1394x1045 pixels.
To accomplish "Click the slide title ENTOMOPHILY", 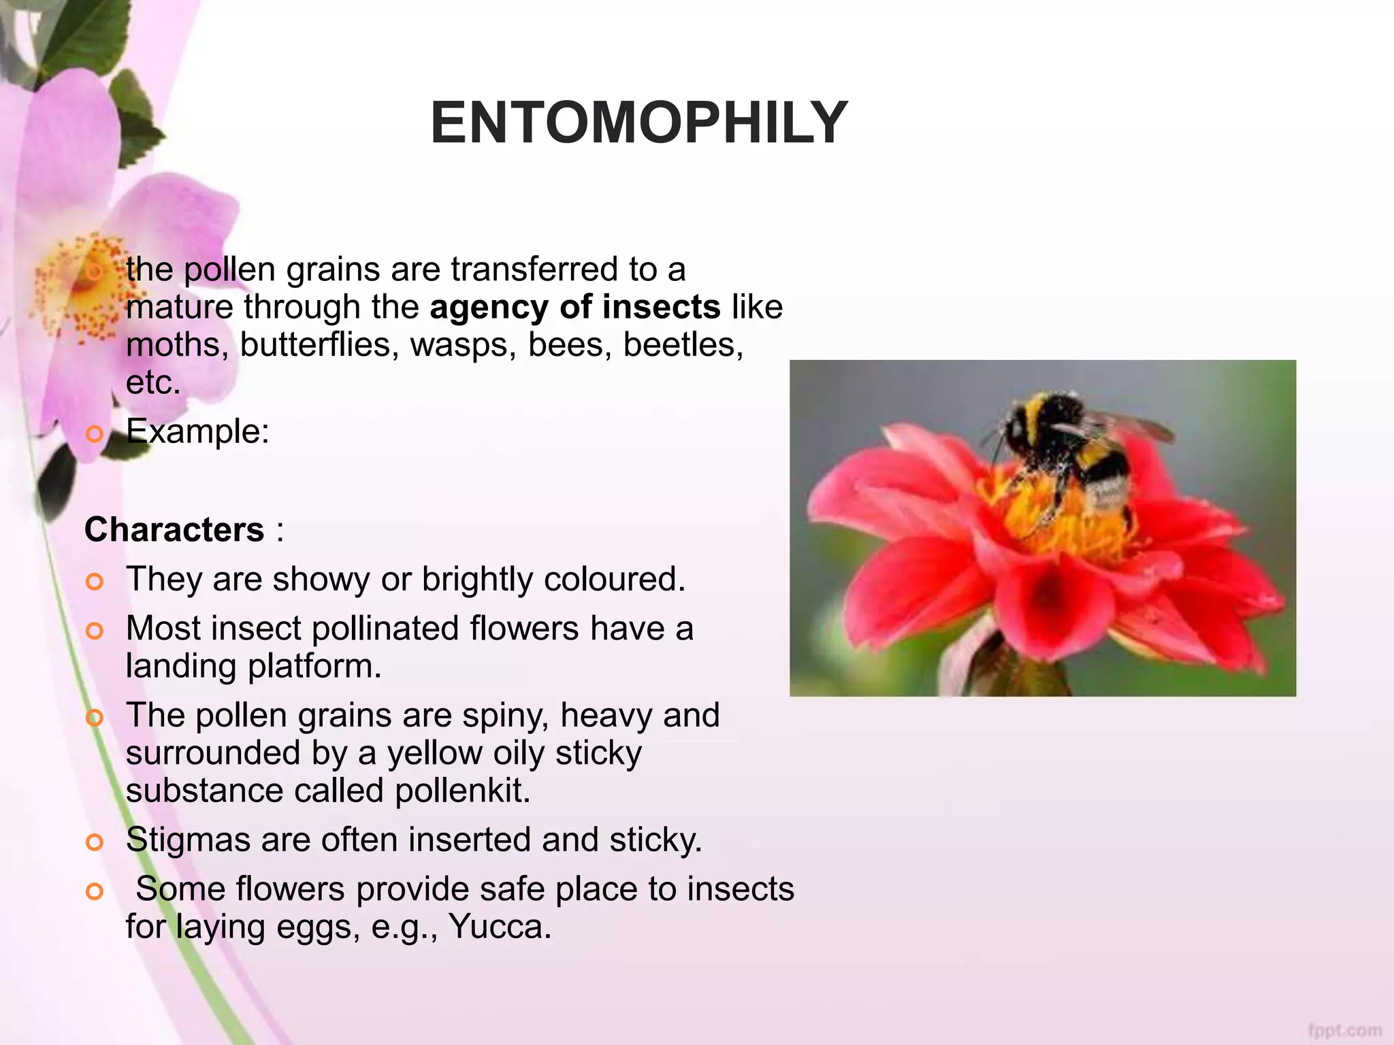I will pos(638,123).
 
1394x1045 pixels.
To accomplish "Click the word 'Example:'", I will pos(197,431).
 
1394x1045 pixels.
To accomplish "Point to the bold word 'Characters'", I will pos(174,530).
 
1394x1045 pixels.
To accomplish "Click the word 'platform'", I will pos(313,666).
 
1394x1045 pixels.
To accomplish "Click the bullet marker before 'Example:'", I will pos(95,433).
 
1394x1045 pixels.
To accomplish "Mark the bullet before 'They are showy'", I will pos(95,582).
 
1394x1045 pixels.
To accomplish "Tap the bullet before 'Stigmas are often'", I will pos(95,842).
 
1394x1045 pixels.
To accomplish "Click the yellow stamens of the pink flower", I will pos(82,286).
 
